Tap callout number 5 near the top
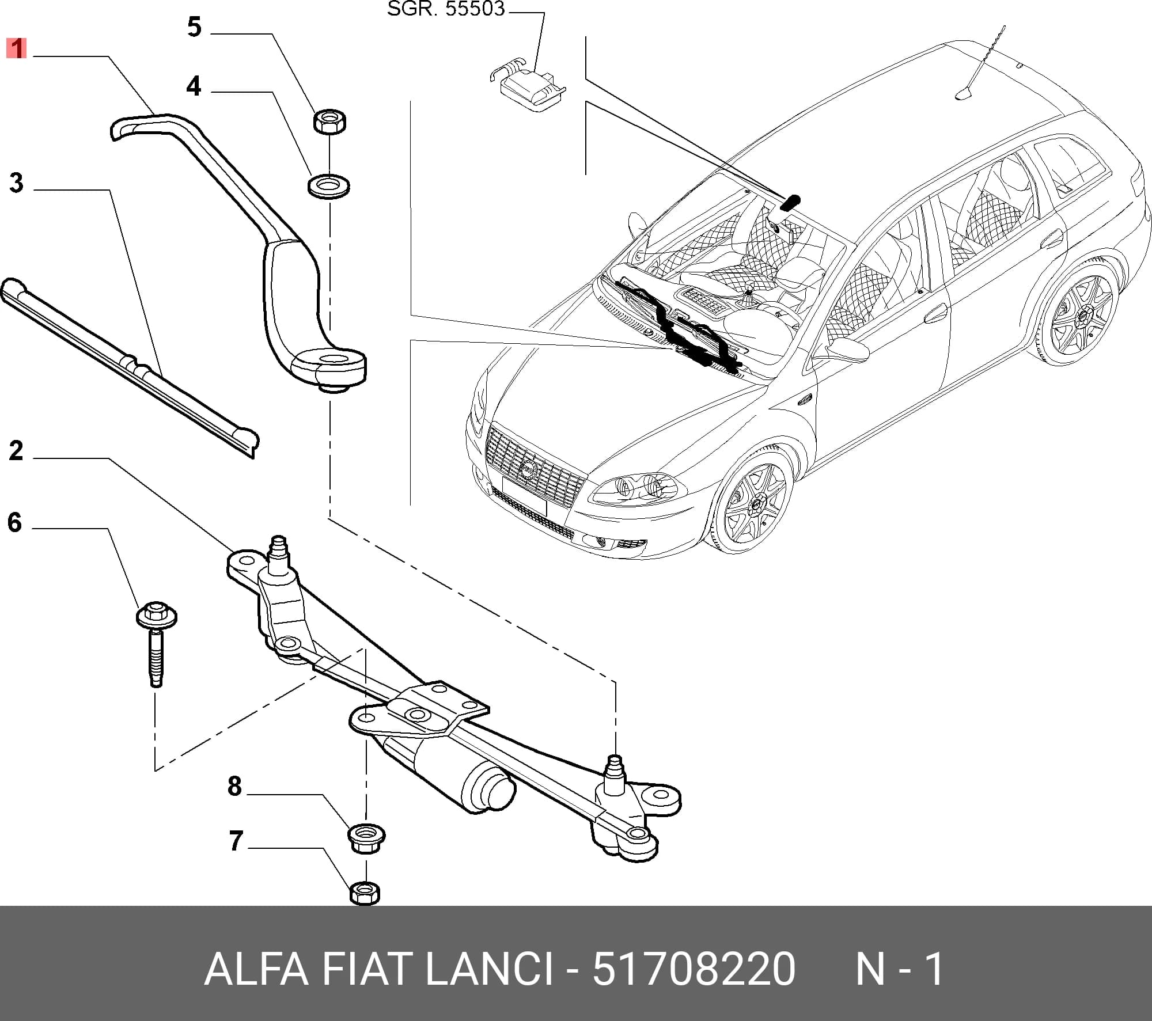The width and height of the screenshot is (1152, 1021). point(195,27)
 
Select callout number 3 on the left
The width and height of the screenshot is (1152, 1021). point(16,183)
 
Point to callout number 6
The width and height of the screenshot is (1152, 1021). point(15,522)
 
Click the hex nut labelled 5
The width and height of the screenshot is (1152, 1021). point(329,122)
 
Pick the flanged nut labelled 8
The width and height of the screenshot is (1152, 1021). point(366,838)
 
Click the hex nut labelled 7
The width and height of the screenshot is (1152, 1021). point(365,892)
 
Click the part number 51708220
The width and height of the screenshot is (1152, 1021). point(694,969)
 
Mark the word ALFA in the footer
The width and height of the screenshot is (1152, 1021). point(257,969)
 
